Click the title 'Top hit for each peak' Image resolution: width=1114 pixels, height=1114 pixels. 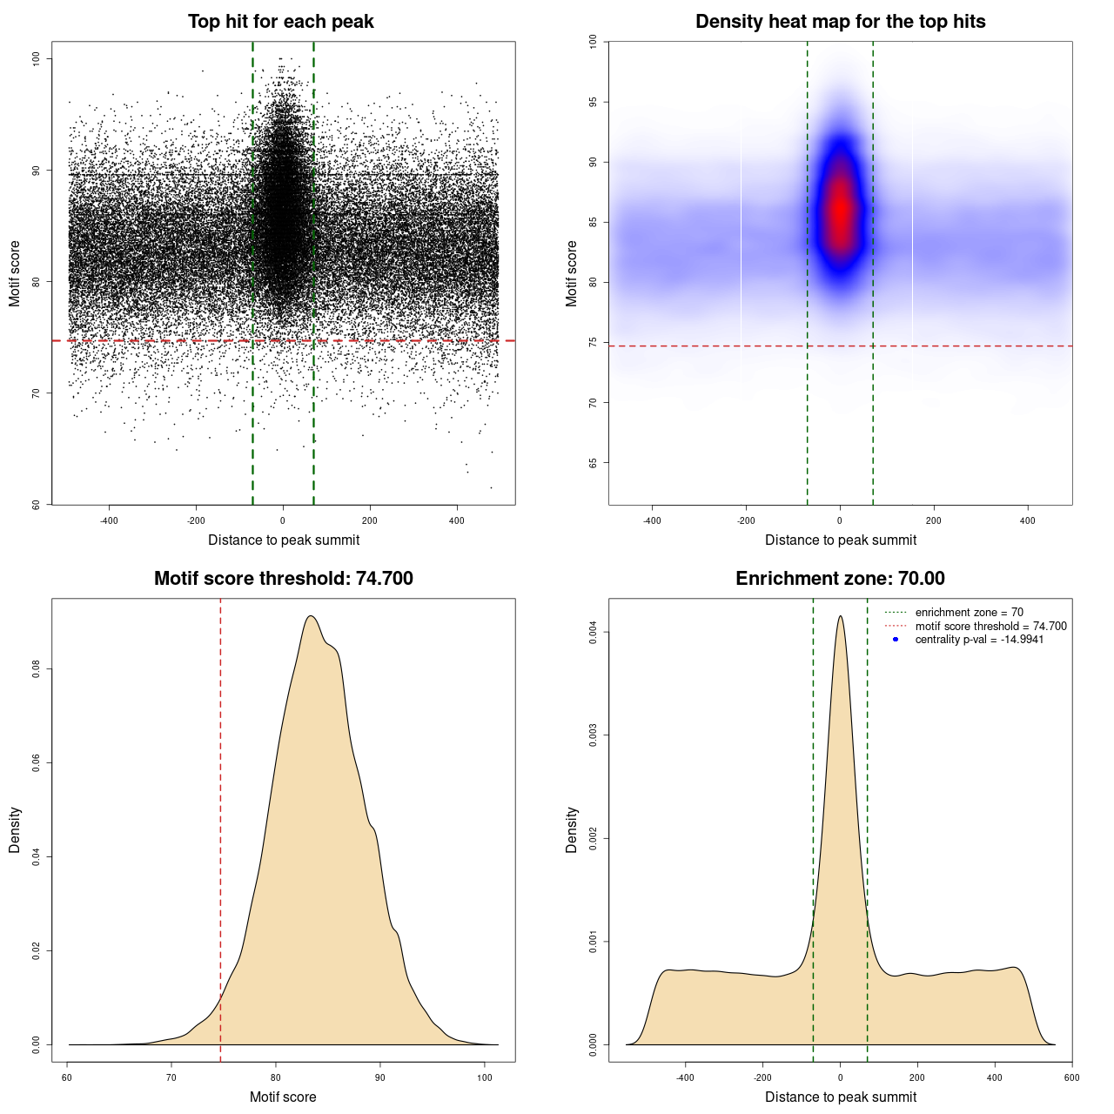click(280, 22)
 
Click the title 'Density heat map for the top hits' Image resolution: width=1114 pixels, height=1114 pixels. click(840, 22)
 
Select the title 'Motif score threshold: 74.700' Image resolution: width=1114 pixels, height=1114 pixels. click(283, 579)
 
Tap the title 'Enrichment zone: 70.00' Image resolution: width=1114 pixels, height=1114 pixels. click(840, 579)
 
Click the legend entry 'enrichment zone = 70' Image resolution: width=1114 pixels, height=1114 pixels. click(969, 613)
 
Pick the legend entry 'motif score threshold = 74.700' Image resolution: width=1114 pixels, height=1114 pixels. click(990, 626)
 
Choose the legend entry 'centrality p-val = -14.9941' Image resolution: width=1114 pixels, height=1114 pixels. click(979, 640)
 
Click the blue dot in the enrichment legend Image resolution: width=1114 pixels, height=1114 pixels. click(896, 640)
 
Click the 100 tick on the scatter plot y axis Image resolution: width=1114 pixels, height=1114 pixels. click(36, 58)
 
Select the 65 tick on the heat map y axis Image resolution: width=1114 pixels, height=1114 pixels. click(593, 463)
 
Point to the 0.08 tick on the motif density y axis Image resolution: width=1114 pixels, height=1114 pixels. click(36, 668)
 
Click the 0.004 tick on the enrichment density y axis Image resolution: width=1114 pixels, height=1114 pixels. click(593, 632)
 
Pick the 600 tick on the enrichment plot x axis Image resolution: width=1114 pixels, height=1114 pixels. click(1071, 1077)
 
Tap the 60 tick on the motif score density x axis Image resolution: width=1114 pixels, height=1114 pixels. click(68, 1077)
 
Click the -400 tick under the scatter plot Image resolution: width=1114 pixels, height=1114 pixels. click(109, 520)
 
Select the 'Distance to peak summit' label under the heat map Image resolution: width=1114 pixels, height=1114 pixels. click(840, 540)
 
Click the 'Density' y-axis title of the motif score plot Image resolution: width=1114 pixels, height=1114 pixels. click(15, 829)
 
